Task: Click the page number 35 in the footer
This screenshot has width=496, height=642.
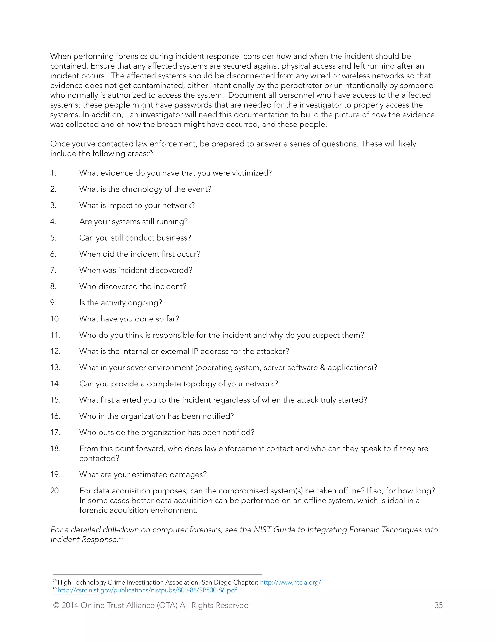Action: coord(438,605)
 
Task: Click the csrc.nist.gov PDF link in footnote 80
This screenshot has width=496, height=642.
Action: coord(147,590)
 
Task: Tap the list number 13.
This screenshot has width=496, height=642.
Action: coord(55,368)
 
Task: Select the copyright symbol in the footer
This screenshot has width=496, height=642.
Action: coord(56,605)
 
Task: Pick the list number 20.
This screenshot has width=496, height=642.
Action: coord(55,491)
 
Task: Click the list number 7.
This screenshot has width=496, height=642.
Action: coord(53,270)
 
